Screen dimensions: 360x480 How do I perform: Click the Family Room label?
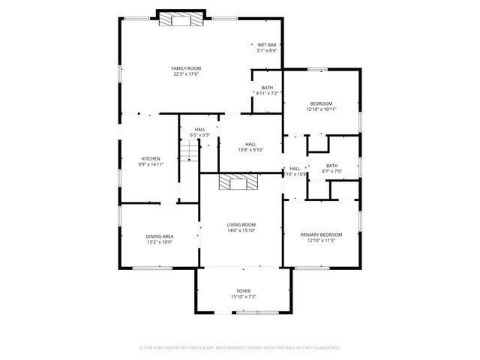(187, 68)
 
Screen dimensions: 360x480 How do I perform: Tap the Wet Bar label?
(267, 45)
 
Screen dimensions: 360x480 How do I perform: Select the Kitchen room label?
(151, 158)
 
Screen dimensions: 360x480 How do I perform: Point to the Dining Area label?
(160, 236)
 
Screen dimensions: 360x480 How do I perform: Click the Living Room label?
(241, 224)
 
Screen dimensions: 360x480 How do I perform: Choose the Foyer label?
(243, 291)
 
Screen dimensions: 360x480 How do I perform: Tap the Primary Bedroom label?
(321, 235)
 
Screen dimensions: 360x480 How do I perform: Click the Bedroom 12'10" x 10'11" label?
(321, 103)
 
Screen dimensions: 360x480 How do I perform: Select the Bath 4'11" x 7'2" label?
(267, 88)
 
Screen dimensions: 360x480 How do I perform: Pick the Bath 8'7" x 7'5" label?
(331, 165)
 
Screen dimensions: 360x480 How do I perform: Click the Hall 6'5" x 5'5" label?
(200, 130)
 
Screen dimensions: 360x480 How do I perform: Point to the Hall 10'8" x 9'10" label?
(250, 145)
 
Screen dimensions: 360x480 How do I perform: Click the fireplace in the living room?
(238, 182)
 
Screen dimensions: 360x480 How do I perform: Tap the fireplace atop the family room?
(182, 20)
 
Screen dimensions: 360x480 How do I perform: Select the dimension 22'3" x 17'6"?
(187, 74)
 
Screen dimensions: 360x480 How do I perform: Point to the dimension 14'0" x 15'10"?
(241, 230)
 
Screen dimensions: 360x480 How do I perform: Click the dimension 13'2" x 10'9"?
(160, 242)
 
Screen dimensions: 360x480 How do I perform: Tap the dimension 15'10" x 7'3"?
(243, 297)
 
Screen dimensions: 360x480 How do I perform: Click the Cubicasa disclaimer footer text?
(240, 347)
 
